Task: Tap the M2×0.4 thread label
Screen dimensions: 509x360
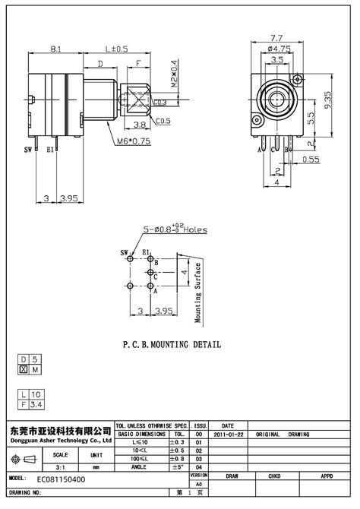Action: (x=174, y=74)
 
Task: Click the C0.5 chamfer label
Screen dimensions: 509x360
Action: (x=163, y=121)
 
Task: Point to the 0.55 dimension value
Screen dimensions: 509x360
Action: (x=311, y=160)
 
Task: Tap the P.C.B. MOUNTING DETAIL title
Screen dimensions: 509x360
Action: (x=172, y=344)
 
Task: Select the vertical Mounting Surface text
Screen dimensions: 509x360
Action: (x=197, y=292)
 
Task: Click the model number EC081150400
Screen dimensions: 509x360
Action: (x=61, y=479)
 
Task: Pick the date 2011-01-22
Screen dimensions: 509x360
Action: (x=229, y=434)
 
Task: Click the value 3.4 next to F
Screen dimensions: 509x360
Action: (x=36, y=406)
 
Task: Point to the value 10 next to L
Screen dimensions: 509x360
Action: (x=36, y=395)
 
